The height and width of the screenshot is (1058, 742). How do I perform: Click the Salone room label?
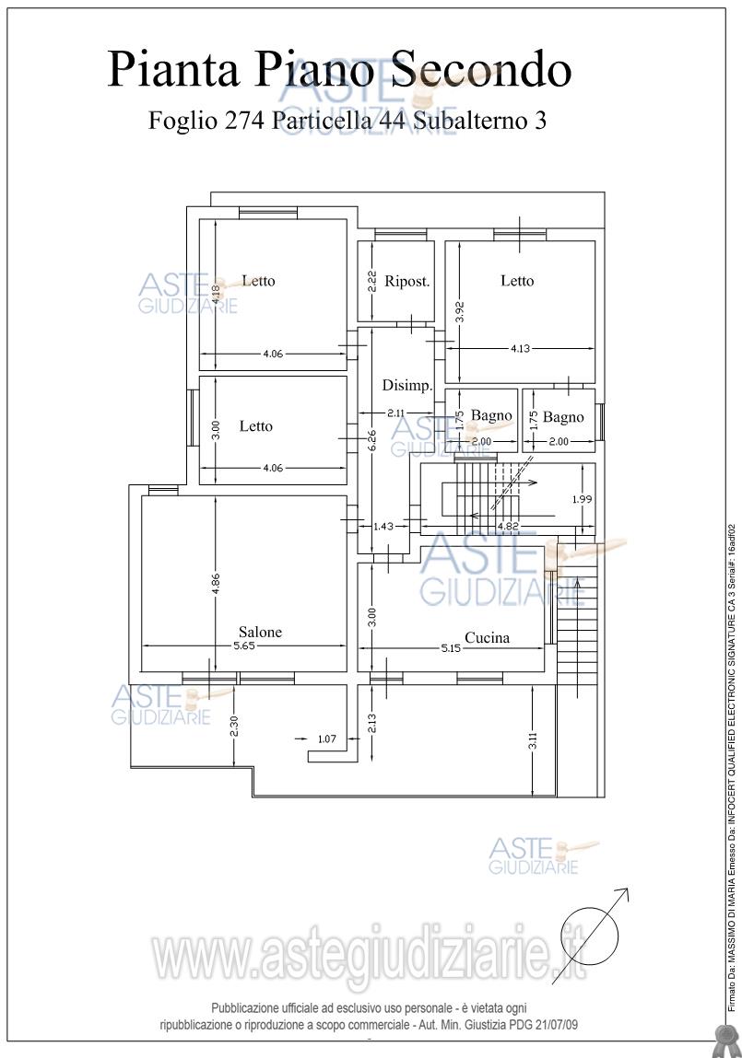(x=260, y=633)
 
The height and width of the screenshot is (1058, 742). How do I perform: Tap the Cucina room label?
(x=487, y=637)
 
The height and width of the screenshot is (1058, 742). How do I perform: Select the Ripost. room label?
(x=407, y=282)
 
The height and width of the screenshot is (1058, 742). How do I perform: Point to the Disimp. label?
(x=407, y=386)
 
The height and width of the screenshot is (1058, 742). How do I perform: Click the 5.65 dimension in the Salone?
(x=244, y=645)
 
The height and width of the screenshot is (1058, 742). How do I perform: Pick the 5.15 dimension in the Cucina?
(x=451, y=647)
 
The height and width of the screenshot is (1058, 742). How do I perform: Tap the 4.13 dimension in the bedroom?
(x=520, y=349)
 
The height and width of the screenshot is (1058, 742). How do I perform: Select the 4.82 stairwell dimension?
(x=509, y=526)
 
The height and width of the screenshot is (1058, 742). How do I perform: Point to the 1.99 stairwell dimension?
(x=582, y=499)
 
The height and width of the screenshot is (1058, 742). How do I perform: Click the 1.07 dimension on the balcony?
(x=327, y=738)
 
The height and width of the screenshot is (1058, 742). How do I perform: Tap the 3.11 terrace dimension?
(x=533, y=741)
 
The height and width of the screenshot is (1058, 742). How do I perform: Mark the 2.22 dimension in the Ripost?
(x=371, y=282)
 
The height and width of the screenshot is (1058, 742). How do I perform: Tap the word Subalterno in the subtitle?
(x=471, y=121)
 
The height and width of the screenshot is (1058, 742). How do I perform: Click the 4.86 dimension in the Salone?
(x=216, y=586)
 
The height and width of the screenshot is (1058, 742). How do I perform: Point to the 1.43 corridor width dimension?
(x=383, y=527)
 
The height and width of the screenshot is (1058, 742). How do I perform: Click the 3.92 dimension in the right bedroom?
(x=459, y=312)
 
